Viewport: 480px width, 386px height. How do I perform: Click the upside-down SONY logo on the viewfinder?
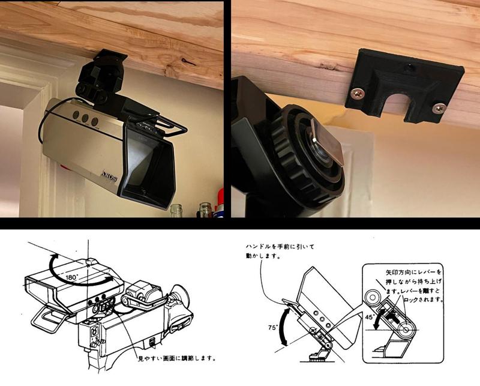click(107, 175)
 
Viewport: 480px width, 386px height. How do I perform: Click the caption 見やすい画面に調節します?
click(176, 359)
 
